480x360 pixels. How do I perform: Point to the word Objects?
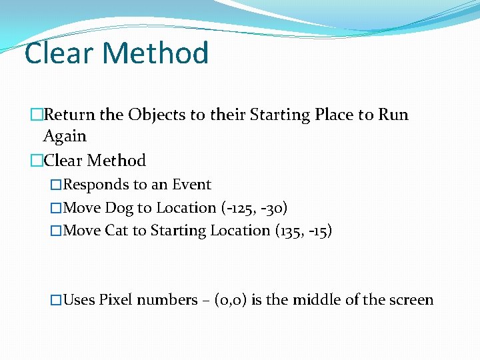[x=157, y=115]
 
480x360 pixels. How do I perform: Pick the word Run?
[x=393, y=115]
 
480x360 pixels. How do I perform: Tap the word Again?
[x=65, y=136]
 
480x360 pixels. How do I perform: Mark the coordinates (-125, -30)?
[x=254, y=208]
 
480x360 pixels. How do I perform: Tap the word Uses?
[x=79, y=300]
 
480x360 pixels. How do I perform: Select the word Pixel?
[x=115, y=300]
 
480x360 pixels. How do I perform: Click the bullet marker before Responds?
[x=56, y=185]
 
